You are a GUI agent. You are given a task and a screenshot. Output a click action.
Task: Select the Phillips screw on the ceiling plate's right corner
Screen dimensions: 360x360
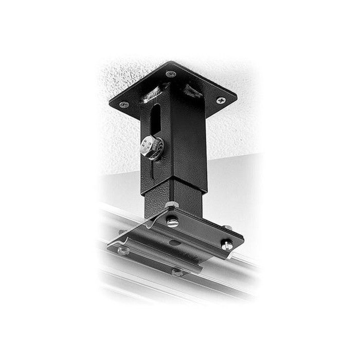[221, 100]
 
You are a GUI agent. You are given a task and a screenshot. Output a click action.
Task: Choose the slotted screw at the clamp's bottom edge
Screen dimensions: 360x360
[177, 272]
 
